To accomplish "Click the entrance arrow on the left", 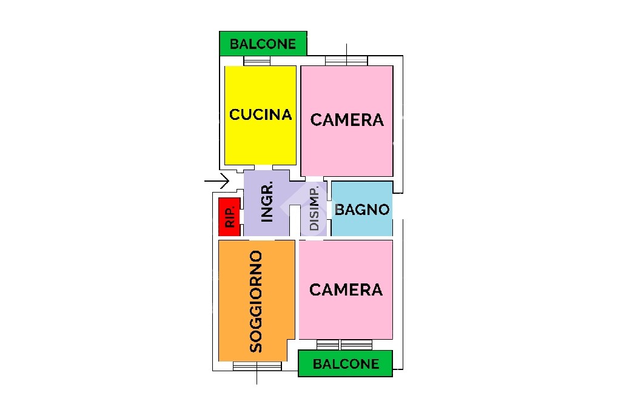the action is (x=217, y=181).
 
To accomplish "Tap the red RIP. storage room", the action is (x=229, y=216).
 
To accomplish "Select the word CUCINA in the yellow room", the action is (x=261, y=114).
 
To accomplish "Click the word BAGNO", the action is (x=362, y=210).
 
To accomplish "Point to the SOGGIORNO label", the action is (x=257, y=302).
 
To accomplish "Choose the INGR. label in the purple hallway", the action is (x=267, y=202).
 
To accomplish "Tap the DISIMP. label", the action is (x=314, y=208).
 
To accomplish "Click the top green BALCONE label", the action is (x=263, y=44).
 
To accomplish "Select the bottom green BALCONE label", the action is (x=346, y=364).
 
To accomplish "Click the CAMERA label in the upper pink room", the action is (x=347, y=120).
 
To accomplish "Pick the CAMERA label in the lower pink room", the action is (x=346, y=290).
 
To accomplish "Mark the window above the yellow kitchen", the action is (x=257, y=61).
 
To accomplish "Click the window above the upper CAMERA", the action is (x=346, y=61).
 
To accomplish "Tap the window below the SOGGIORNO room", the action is (x=257, y=366).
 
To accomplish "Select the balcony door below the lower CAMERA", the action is (x=344, y=345).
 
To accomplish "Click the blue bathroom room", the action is (x=362, y=208).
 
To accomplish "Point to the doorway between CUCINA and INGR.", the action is (x=263, y=168).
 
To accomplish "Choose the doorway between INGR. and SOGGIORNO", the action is (x=262, y=238).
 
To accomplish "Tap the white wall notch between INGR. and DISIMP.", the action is (x=295, y=220).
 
